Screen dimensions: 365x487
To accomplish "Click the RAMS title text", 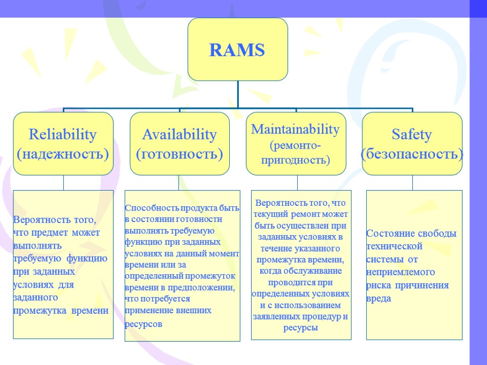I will (x=237, y=50).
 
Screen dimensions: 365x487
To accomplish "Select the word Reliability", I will (x=63, y=134).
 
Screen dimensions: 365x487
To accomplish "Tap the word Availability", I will (x=179, y=134).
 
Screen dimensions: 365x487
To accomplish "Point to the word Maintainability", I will (x=295, y=129).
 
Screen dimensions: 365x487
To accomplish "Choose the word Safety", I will (x=412, y=134).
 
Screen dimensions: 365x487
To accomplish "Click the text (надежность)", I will (x=63, y=154).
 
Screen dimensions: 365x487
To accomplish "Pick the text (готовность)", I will (x=179, y=154).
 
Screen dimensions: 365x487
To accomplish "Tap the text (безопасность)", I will (x=412, y=154).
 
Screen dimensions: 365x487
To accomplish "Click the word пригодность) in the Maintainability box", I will (x=295, y=160).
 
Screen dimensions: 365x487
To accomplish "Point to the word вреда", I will (x=379, y=299).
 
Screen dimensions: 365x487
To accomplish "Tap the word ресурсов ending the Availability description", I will (x=143, y=324).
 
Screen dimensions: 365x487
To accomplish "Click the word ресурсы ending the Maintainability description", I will (x=301, y=328).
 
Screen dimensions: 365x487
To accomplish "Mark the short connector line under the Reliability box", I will (x=63, y=182).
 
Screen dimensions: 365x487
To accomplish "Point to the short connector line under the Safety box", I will (x=412, y=182).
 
